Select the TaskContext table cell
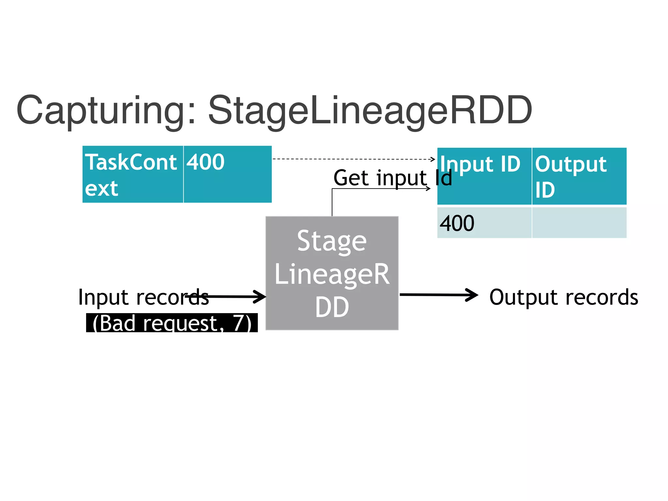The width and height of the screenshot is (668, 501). [x=132, y=175]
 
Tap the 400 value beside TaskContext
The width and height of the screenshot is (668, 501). [x=205, y=162]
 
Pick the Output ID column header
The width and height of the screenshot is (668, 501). [x=571, y=176]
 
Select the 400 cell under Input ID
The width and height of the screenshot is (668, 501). [x=457, y=223]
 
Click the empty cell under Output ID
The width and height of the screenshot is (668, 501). [x=579, y=223]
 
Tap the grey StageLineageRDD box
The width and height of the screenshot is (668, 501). [x=332, y=273]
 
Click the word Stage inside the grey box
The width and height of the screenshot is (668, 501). [x=332, y=242]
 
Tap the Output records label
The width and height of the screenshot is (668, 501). [x=564, y=297]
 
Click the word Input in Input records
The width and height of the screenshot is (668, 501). [x=103, y=297]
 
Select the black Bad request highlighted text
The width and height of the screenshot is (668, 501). [x=172, y=323]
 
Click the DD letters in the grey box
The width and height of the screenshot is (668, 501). [x=332, y=307]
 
